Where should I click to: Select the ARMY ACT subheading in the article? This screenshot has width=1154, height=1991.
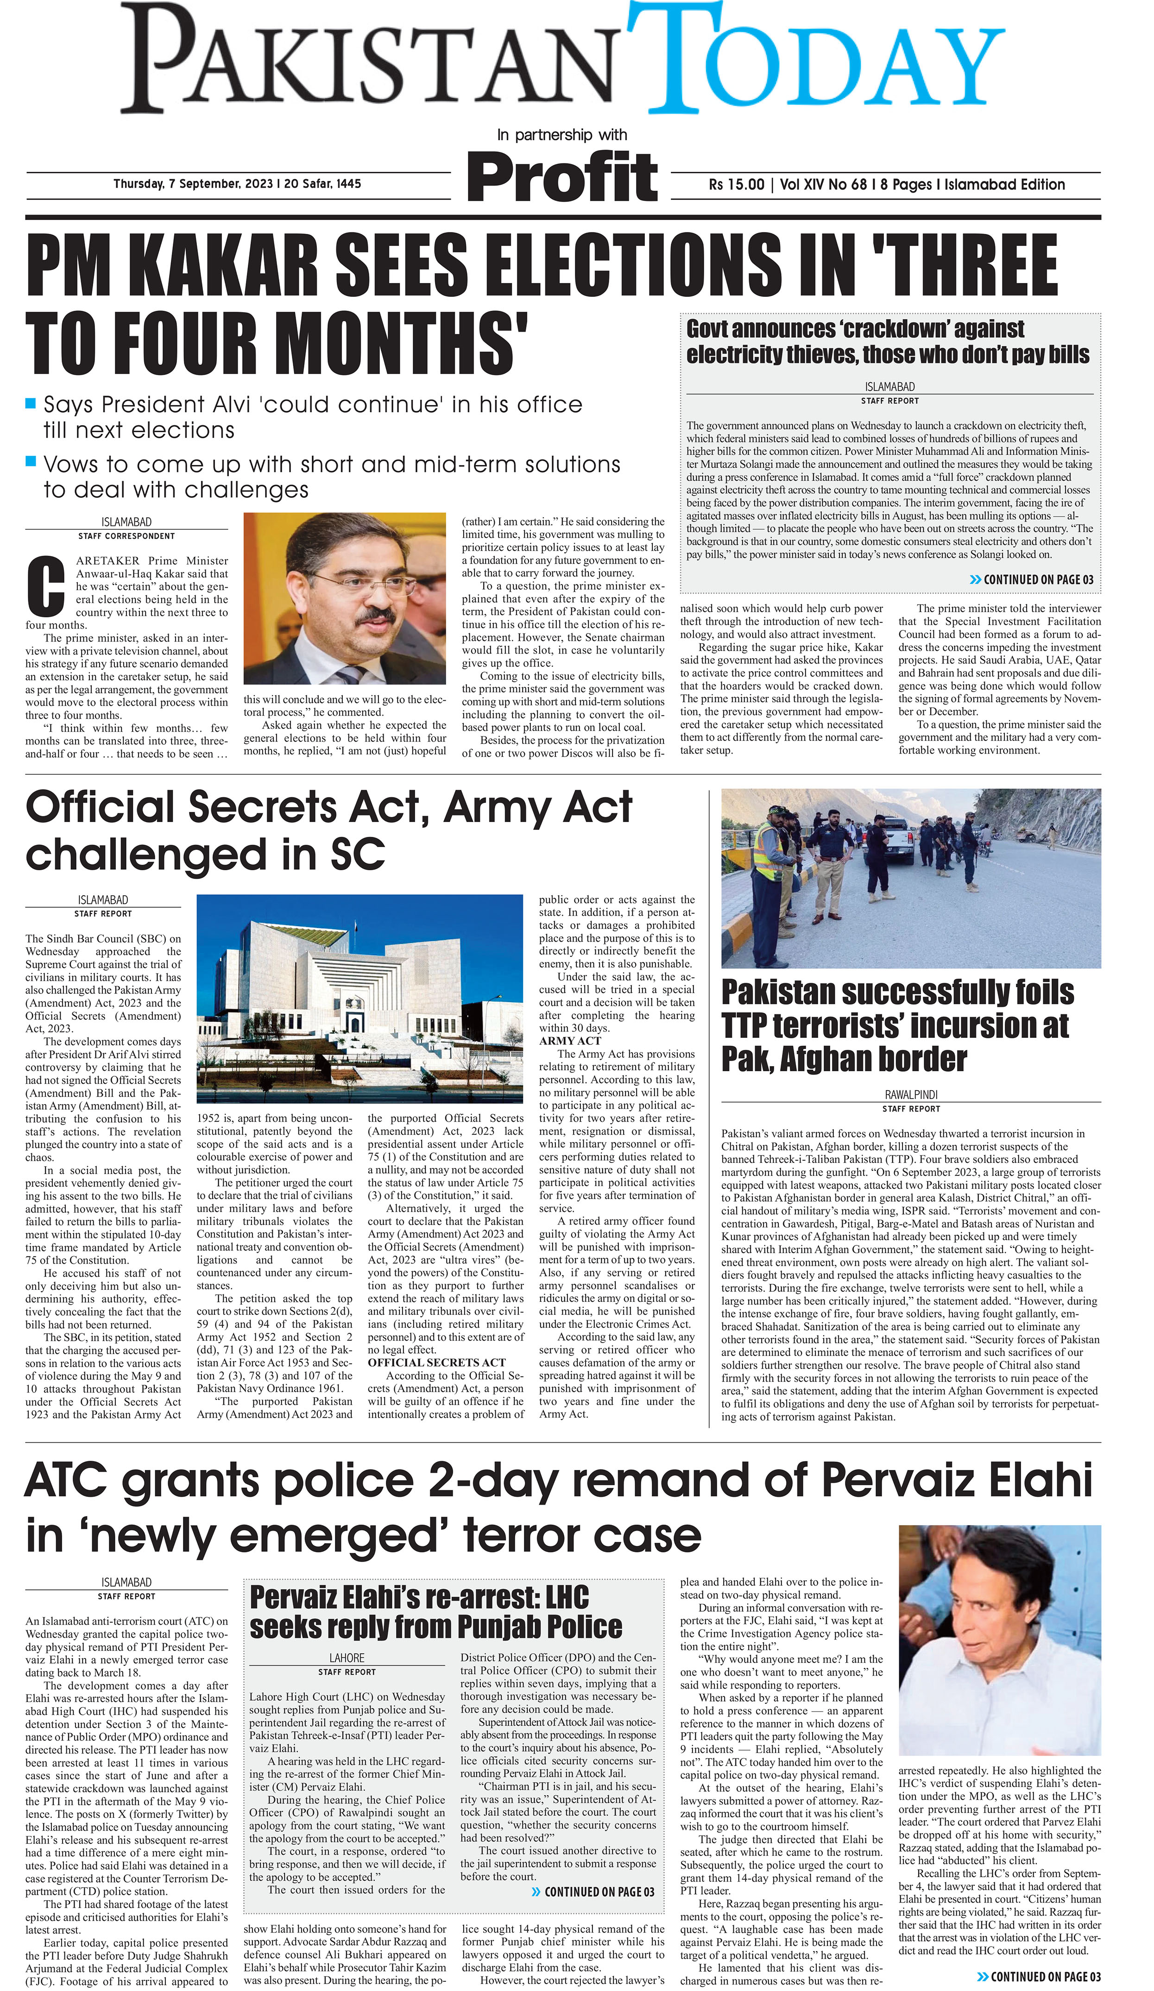[570, 1041]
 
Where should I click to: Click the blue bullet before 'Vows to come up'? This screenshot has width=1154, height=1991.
[31, 461]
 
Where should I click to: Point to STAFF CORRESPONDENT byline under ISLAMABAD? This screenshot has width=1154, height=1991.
[126, 536]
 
